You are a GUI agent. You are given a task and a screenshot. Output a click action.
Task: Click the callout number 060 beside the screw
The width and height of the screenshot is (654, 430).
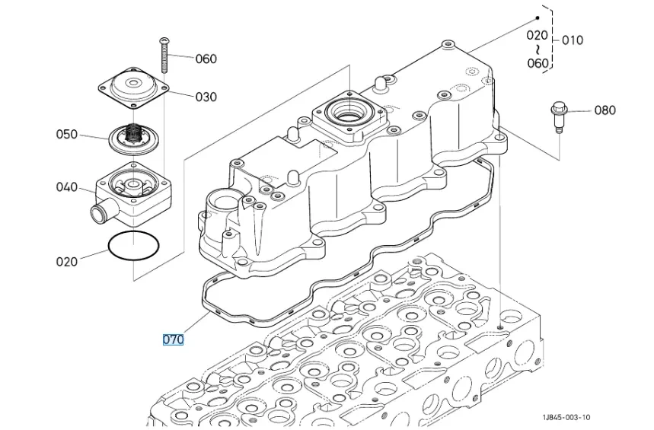pyautogui.click(x=206, y=59)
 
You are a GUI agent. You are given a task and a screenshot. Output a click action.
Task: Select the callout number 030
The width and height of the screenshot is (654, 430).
pyautogui.click(x=206, y=97)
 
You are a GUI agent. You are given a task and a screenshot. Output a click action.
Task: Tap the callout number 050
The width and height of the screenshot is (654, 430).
pyautogui.click(x=67, y=134)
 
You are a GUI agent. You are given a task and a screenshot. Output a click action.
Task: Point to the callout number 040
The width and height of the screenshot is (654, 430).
pyautogui.click(x=67, y=187)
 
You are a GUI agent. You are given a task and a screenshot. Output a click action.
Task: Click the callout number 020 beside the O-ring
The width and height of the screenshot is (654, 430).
pyautogui.click(x=67, y=262)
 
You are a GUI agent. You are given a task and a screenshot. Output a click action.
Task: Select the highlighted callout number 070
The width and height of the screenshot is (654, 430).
pyautogui.click(x=173, y=339)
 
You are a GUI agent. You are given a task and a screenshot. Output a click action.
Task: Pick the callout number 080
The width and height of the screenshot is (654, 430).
pyautogui.click(x=605, y=110)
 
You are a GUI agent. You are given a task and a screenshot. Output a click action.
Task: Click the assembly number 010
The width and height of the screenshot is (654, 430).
pyautogui.click(x=573, y=40)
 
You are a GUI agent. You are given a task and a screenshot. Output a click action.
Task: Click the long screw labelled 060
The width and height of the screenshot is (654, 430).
pyautogui.click(x=164, y=56)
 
